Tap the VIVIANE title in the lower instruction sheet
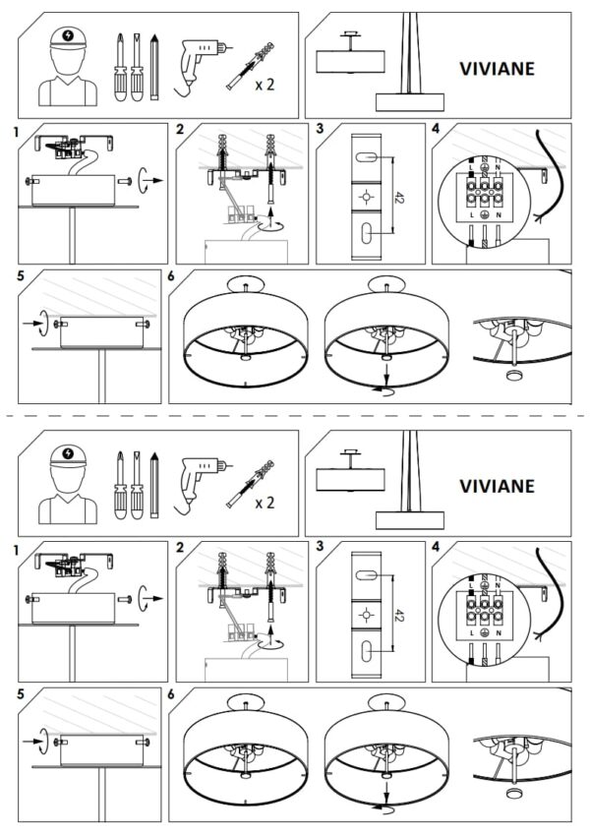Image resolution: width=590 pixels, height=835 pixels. pos(498,485)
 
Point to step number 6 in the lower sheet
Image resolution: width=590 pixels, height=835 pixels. pos(173,694)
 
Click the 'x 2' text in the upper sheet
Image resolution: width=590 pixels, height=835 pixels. pos(265,85)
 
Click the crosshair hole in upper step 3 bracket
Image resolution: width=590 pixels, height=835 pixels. pos(365,197)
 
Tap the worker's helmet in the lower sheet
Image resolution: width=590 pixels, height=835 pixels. pos(66,457)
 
